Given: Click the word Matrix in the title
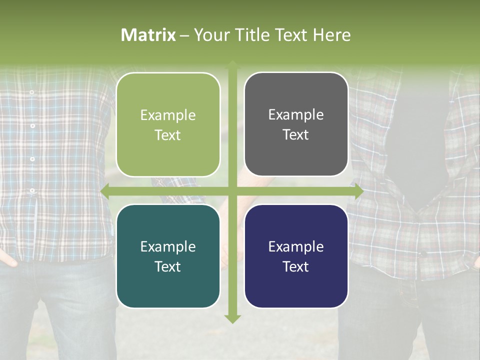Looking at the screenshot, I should click(x=148, y=35).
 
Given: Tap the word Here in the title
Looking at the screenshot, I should click(x=332, y=35).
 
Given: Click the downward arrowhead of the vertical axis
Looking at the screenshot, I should click(x=232, y=318).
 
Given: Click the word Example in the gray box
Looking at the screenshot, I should click(x=296, y=114).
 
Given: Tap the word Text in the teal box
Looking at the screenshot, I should click(x=167, y=266).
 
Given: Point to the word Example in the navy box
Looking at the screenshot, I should click(x=296, y=246).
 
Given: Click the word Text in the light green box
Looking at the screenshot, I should click(x=167, y=135).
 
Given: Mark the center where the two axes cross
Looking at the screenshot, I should click(x=232, y=191).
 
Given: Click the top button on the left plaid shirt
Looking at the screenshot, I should click(x=31, y=92).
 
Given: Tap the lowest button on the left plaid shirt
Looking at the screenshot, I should click(x=32, y=190).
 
